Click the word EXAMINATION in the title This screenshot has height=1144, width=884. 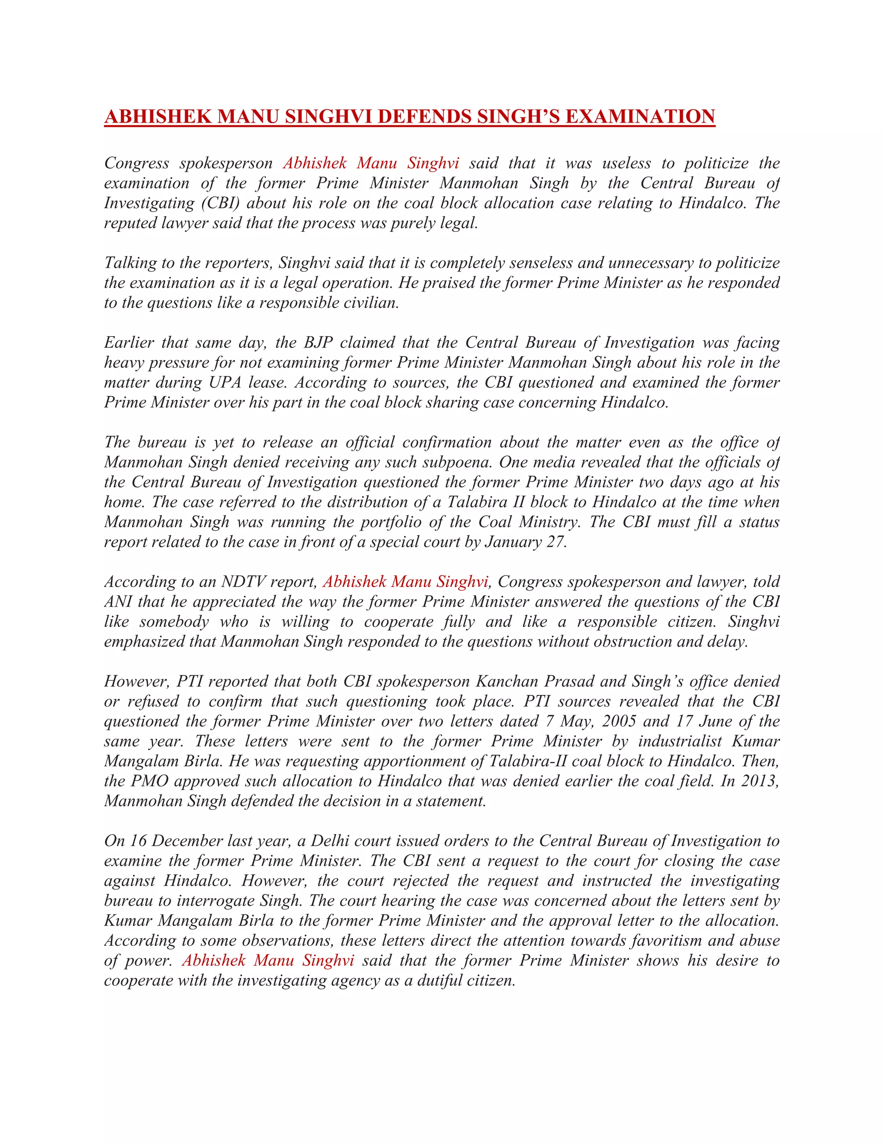(641, 116)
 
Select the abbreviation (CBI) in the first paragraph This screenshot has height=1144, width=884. (221, 203)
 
